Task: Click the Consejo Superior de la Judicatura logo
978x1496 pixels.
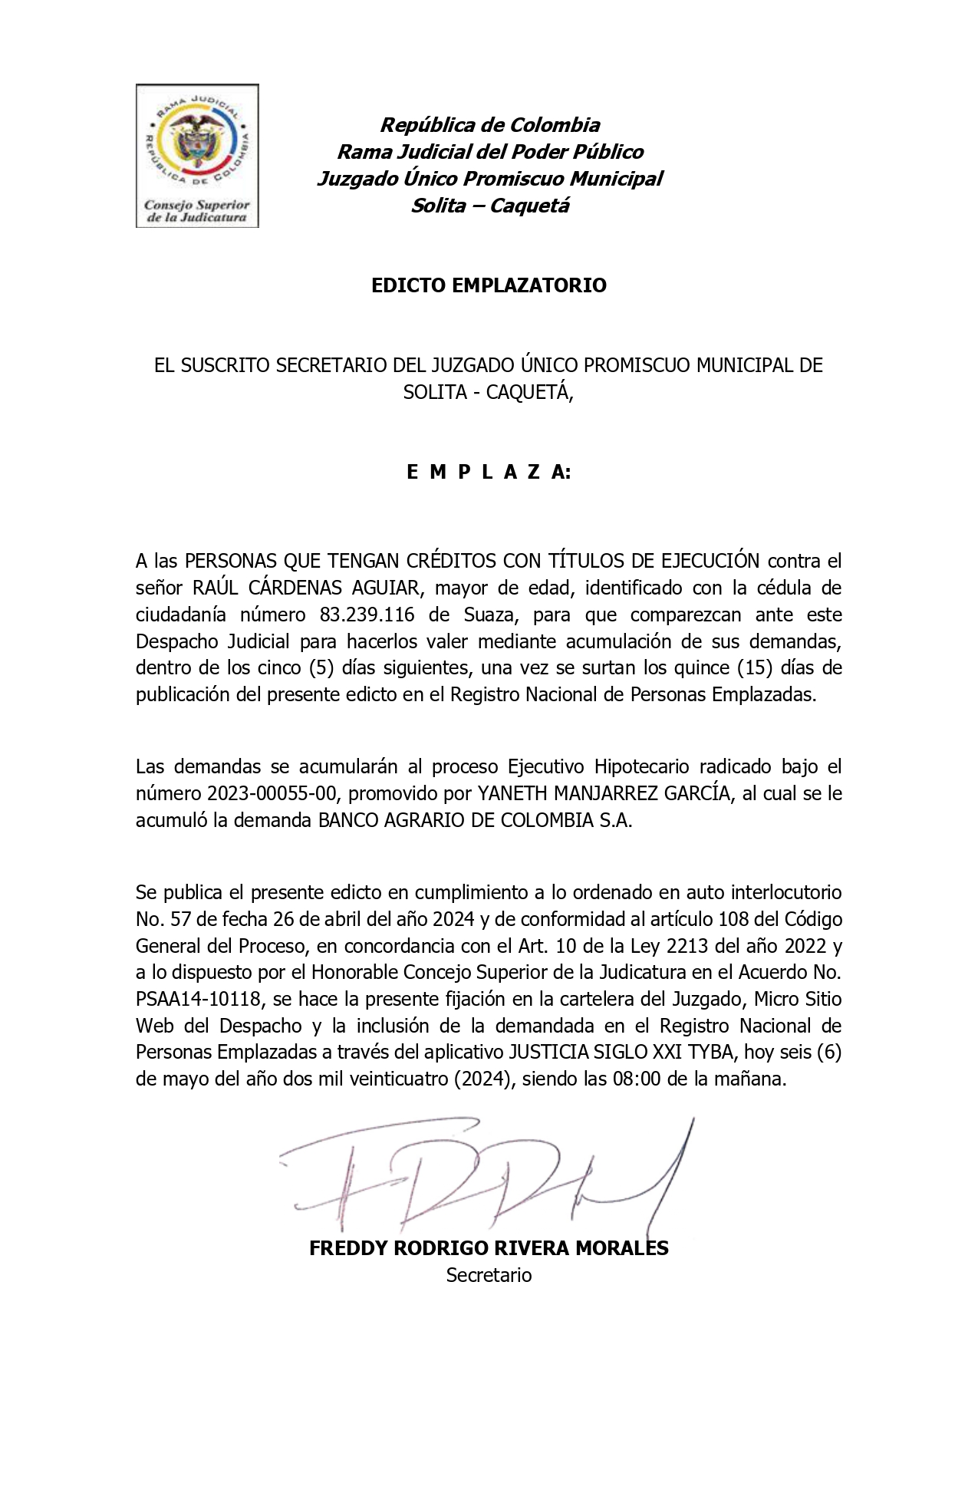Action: (197, 156)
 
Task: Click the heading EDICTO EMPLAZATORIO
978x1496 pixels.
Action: (489, 285)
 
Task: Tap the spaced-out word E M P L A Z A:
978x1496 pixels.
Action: (489, 472)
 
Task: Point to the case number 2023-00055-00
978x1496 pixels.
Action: (272, 793)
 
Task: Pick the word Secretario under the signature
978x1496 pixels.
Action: (489, 1275)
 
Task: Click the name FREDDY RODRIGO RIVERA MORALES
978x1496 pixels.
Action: (489, 1248)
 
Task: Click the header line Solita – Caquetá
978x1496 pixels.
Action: (490, 206)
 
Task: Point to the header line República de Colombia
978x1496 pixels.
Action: (490, 125)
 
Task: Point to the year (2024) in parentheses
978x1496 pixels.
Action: (483, 1079)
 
